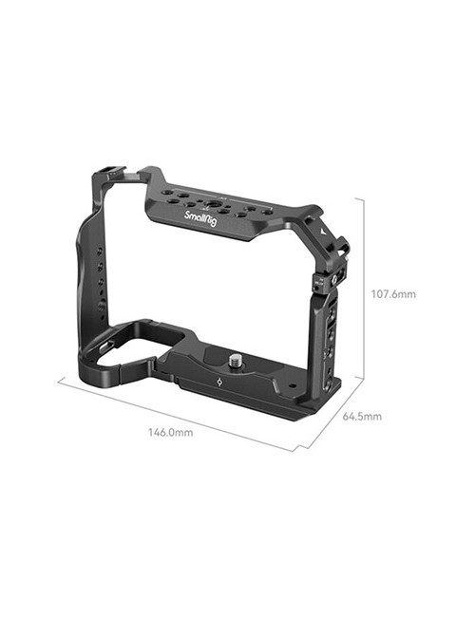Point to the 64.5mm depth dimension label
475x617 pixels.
362,416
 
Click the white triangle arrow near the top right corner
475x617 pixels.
324,230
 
